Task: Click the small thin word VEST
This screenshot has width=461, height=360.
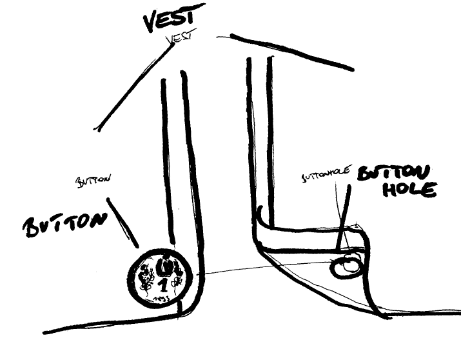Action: pos(180,39)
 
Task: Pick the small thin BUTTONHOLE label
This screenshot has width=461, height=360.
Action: pos(326,174)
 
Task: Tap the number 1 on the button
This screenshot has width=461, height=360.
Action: pos(163,285)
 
